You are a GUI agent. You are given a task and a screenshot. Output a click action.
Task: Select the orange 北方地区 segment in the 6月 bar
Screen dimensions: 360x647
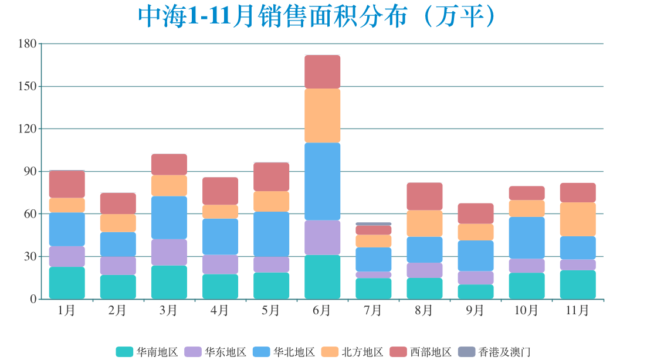(322, 116)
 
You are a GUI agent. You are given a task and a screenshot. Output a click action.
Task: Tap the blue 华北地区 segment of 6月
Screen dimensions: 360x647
(322, 181)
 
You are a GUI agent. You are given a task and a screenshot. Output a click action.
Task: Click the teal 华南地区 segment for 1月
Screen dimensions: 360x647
(67, 283)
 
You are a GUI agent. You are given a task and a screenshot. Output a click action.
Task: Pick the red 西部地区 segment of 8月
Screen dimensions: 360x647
(424, 196)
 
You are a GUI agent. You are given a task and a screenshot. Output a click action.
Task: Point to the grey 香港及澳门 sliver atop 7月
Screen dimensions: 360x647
(373, 224)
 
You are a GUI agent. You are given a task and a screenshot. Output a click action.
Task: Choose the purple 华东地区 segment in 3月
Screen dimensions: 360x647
(169, 252)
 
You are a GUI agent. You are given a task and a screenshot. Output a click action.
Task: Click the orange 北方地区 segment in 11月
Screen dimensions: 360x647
(578, 219)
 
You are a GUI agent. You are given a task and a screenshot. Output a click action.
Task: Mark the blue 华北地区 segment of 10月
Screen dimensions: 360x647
(527, 237)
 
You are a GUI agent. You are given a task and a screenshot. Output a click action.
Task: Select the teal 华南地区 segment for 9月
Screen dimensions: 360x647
(476, 291)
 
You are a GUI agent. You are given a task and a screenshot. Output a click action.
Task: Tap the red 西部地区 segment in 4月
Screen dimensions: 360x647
(220, 191)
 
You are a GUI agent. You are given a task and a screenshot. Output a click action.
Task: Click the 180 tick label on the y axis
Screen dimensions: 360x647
(28, 44)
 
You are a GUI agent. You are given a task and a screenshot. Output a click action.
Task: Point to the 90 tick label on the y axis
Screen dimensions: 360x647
(30, 172)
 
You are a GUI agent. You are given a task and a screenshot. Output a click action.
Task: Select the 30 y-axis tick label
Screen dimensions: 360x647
(30, 257)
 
